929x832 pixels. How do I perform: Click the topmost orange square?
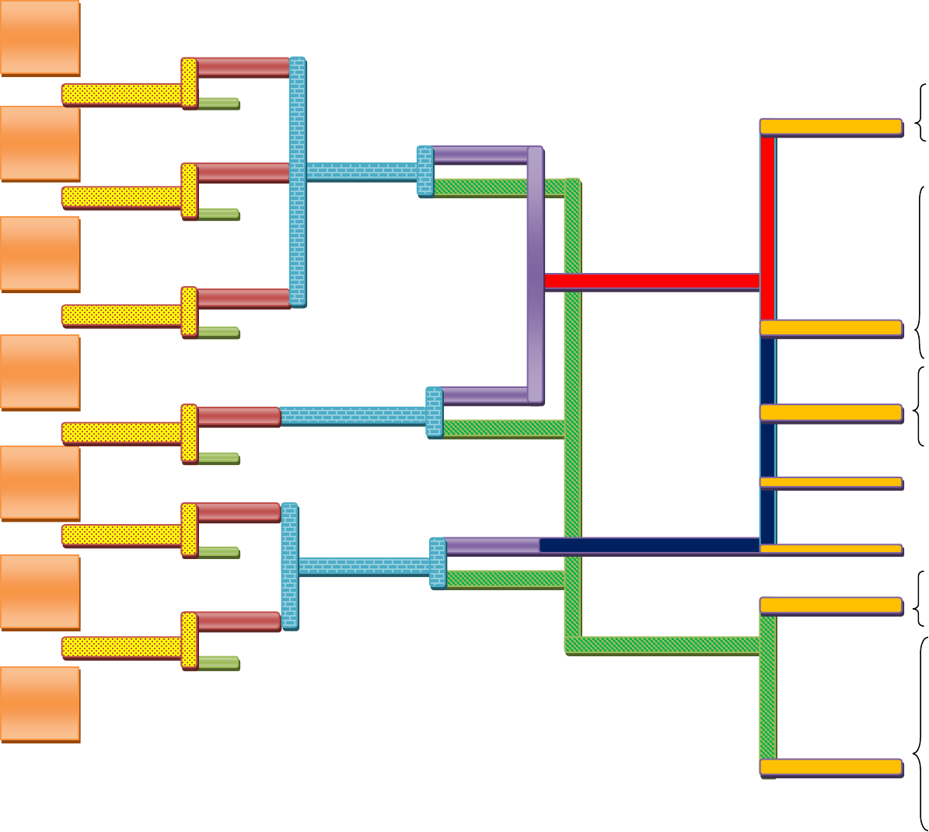point(40,37)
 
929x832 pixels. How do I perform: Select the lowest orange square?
point(40,704)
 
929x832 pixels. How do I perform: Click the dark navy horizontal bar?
point(649,545)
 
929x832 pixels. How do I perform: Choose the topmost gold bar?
point(830,127)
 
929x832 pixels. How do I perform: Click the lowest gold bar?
point(830,767)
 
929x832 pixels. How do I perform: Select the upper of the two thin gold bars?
point(830,483)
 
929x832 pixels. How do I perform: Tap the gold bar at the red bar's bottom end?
point(830,328)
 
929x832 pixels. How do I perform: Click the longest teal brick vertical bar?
point(297,181)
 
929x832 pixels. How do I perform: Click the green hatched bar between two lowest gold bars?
point(767,686)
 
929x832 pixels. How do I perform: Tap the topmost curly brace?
point(922,112)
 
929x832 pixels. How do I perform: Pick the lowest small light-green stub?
point(218,663)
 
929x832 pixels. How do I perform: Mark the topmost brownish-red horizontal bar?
point(243,68)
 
